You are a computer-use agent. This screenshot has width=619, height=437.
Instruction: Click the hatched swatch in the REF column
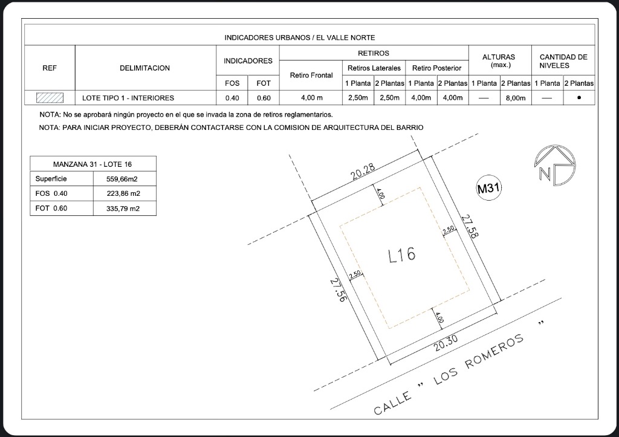(x=50, y=97)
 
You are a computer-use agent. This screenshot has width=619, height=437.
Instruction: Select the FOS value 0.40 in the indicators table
(x=232, y=98)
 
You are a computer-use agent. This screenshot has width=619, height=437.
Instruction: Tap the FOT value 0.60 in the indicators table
(x=264, y=98)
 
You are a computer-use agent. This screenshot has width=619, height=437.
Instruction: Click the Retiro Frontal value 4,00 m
(x=311, y=98)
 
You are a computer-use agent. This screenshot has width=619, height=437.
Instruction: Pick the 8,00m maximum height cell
(x=516, y=99)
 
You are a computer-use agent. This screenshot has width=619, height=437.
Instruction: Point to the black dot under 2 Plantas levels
(x=579, y=97)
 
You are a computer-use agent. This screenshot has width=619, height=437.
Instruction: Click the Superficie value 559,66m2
(x=122, y=179)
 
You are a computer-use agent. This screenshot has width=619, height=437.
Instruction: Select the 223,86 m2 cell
(x=123, y=193)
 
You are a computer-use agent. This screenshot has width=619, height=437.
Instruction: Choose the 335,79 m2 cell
(x=123, y=209)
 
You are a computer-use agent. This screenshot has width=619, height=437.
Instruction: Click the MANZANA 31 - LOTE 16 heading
(x=92, y=164)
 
